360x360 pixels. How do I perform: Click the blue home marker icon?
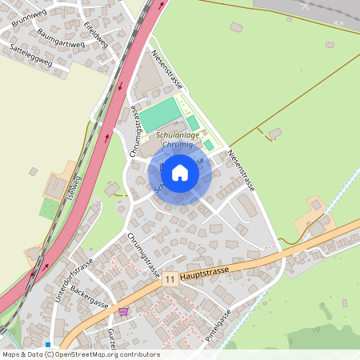(x=180, y=173)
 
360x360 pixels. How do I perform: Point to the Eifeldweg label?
(x=96, y=35)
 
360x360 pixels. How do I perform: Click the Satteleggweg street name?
(x=30, y=54)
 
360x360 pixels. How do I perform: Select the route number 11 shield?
(x=170, y=280)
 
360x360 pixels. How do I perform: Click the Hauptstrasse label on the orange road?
(x=206, y=272)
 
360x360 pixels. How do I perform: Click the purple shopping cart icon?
(x=122, y=311)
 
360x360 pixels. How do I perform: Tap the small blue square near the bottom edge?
(x=49, y=345)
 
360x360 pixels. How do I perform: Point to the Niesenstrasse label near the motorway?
(x=167, y=70)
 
